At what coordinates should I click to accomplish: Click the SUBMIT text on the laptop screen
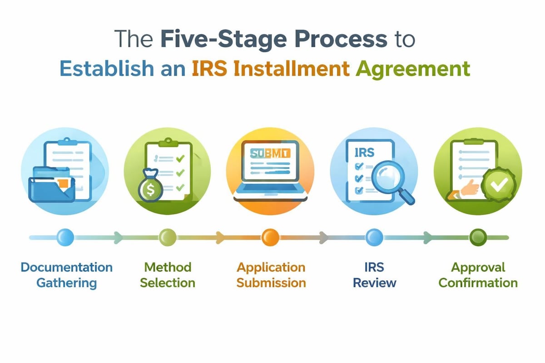pyautogui.click(x=270, y=153)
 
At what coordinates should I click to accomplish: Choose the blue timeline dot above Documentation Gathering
pyautogui.click(x=65, y=236)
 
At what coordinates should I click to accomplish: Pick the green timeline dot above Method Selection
pyautogui.click(x=167, y=236)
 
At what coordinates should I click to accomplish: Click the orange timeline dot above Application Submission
pyautogui.click(x=270, y=236)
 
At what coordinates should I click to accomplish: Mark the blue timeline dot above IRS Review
pyautogui.click(x=374, y=236)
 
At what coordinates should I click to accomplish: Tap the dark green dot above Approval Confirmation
pyautogui.click(x=478, y=236)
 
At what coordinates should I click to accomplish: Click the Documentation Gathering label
pyautogui.click(x=66, y=275)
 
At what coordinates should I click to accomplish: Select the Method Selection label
pyautogui.click(x=167, y=275)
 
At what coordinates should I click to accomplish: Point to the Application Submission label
pyautogui.click(x=271, y=275)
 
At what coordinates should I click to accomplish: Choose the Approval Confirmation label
pyautogui.click(x=478, y=275)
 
